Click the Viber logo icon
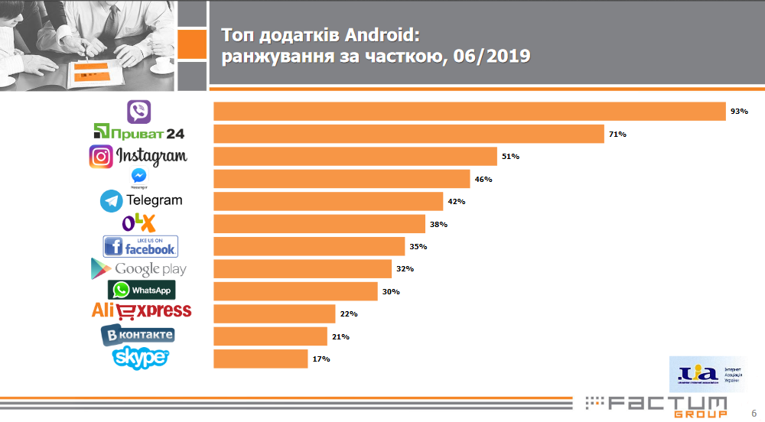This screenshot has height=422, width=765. point(138,112)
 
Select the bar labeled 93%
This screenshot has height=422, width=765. point(469,112)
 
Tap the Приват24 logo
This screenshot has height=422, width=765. point(138,134)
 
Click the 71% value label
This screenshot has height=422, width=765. point(617,135)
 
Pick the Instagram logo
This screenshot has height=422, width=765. point(138,156)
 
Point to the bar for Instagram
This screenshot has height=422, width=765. point(355,157)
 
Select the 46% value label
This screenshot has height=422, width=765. point(483,180)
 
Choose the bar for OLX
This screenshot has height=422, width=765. point(319,224)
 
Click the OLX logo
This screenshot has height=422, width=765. point(138,223)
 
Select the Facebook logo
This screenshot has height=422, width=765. point(140,246)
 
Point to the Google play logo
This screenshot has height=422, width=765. point(138,268)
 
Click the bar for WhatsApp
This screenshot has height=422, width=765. point(295,291)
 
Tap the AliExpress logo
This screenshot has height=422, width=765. point(142,311)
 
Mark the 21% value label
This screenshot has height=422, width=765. point(340,336)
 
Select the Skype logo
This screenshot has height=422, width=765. point(140,357)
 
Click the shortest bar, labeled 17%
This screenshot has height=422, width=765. point(261,359)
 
